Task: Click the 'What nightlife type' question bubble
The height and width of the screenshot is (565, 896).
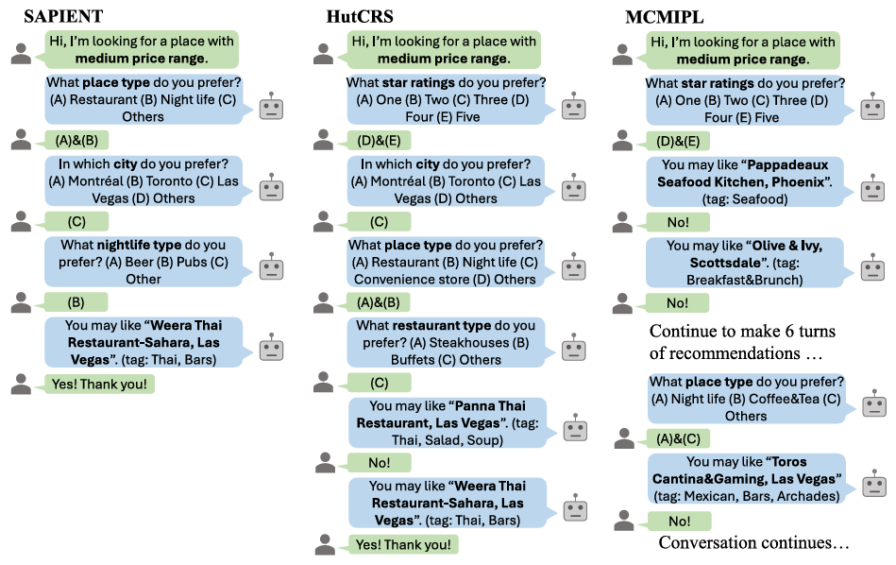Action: [144, 261]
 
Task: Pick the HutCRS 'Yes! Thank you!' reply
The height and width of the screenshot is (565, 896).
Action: [403, 544]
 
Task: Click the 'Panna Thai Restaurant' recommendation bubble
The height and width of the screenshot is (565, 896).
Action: [444, 421]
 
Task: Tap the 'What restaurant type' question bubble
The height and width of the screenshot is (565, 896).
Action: [444, 342]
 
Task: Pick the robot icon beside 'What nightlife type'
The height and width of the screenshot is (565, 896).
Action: [271, 265]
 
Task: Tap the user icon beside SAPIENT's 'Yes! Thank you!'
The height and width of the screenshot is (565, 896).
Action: [21, 384]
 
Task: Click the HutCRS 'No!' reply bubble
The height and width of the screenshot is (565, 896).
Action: [380, 463]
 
